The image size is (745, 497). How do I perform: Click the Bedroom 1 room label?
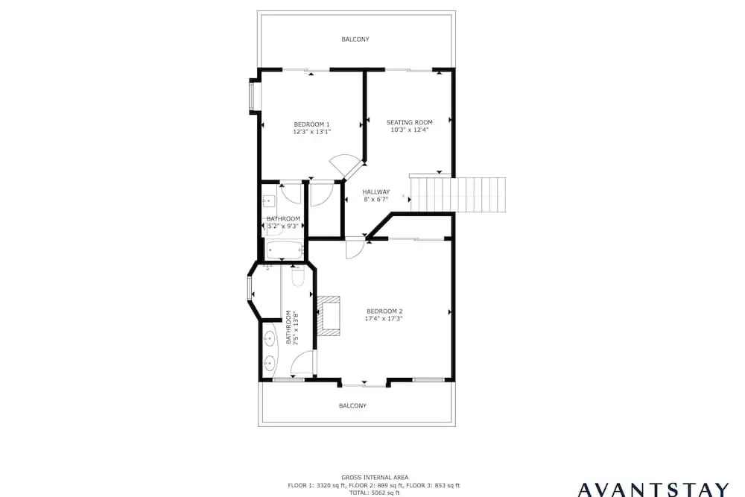[311, 124]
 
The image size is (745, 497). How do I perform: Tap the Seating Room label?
[410, 122]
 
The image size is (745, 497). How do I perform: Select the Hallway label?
[375, 192]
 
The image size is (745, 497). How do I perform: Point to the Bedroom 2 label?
[385, 311]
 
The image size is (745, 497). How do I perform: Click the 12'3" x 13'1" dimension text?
[311, 132]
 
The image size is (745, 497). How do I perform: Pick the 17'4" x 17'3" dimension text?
[384, 318]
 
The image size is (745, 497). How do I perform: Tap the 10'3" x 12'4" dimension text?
[410, 129]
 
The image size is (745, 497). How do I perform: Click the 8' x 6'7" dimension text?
[376, 199]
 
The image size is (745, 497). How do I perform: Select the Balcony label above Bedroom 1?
[355, 39]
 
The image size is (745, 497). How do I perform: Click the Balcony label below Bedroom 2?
[352, 406]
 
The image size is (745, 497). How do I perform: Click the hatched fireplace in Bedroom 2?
[329, 316]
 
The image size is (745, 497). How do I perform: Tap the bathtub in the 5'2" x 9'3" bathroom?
[285, 250]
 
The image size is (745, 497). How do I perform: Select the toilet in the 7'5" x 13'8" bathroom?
[298, 277]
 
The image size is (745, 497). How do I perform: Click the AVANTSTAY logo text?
[653, 490]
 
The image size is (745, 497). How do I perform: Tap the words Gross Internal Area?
[375, 478]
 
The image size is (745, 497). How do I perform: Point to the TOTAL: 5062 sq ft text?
[375, 493]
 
